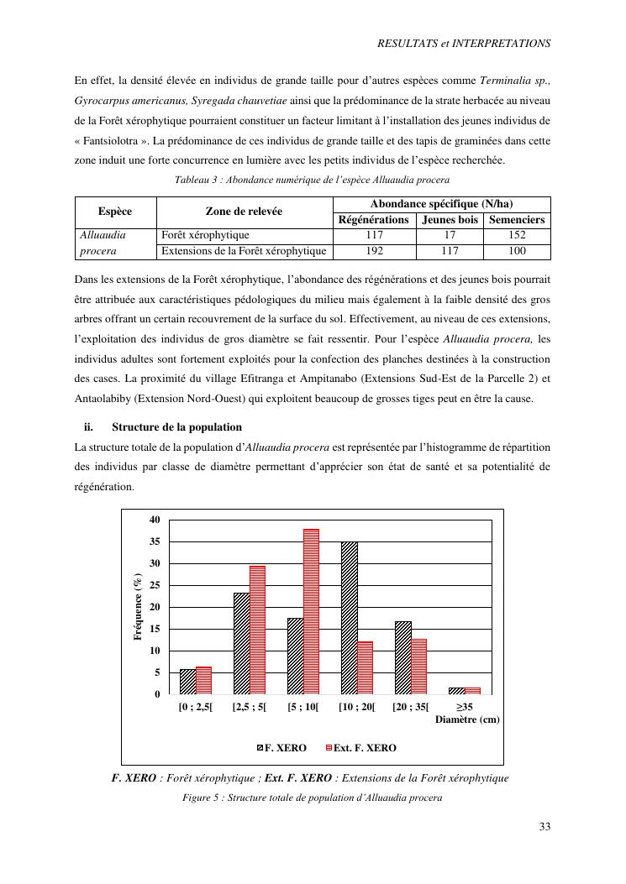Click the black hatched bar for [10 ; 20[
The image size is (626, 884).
349,618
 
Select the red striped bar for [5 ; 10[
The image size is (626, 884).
311,612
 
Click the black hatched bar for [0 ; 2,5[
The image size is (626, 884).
187,682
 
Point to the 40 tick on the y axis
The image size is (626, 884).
154,520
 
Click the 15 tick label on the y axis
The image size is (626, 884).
154,629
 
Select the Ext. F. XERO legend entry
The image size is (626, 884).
365,747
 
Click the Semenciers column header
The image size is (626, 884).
517,220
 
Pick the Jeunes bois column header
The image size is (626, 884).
450,220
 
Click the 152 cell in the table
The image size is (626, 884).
517,236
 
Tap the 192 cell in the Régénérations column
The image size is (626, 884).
373,251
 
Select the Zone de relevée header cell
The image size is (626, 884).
244,212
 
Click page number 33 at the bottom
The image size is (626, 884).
544,827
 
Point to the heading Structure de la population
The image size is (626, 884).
176,426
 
